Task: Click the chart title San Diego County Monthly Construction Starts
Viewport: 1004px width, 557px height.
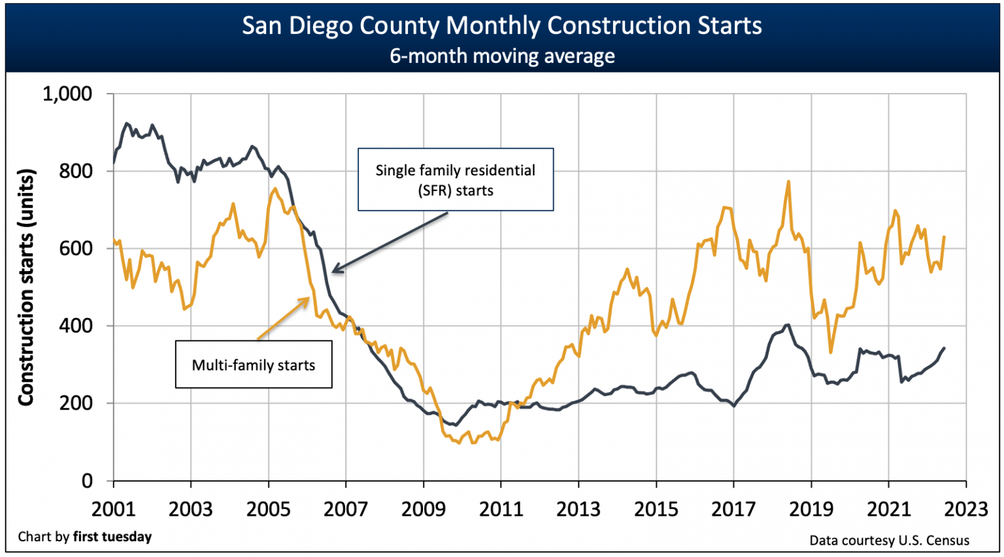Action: click(501, 26)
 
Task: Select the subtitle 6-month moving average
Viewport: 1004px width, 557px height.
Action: click(501, 56)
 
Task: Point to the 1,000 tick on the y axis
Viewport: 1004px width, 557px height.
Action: click(67, 94)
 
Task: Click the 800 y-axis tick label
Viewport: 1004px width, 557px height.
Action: click(77, 171)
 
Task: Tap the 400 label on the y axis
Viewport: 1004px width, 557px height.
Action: click(77, 325)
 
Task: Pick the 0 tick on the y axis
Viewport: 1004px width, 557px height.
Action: click(87, 480)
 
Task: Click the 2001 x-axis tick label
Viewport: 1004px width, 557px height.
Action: click(113, 509)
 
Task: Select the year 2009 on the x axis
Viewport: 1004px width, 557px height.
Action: click(423, 509)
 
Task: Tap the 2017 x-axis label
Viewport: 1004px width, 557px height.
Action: click(733, 509)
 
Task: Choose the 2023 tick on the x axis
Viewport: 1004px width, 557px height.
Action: click(965, 509)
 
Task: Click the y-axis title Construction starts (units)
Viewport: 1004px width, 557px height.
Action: click(25, 287)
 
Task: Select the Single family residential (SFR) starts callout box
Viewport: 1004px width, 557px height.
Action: click(456, 179)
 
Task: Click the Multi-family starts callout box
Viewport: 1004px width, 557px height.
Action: click(254, 365)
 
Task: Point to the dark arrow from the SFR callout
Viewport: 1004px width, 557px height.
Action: click(390, 242)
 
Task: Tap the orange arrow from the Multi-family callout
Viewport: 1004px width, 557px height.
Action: click(283, 319)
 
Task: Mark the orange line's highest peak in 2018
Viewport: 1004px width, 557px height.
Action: click(789, 182)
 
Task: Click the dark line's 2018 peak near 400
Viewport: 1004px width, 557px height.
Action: click(788, 325)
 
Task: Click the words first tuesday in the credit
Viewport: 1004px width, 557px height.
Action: click(112, 537)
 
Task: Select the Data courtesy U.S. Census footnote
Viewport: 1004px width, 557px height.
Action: click(889, 540)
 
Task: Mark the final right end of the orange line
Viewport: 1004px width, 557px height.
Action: click(944, 237)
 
